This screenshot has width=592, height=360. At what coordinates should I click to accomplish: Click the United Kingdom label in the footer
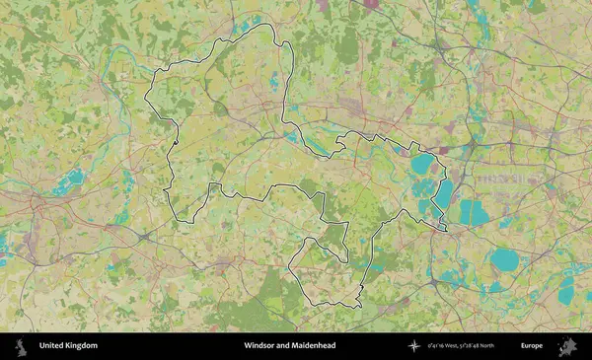(x=68, y=346)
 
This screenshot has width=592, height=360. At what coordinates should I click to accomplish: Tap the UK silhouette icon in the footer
(x=20, y=346)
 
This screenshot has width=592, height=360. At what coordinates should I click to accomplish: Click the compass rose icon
(x=414, y=346)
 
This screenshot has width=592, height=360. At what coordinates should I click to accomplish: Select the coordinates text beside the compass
(x=461, y=346)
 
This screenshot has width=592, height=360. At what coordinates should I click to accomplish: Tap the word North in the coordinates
(x=484, y=346)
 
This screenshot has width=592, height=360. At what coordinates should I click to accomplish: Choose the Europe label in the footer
(x=533, y=346)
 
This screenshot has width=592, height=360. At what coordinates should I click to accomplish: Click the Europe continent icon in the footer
(x=566, y=346)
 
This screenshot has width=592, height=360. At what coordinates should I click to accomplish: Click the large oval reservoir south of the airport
(x=504, y=260)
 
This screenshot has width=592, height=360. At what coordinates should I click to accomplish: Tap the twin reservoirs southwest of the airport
(x=473, y=212)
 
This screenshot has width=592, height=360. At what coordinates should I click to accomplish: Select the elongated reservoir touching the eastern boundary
(x=443, y=197)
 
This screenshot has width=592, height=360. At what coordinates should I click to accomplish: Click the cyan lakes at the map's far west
(x=69, y=181)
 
